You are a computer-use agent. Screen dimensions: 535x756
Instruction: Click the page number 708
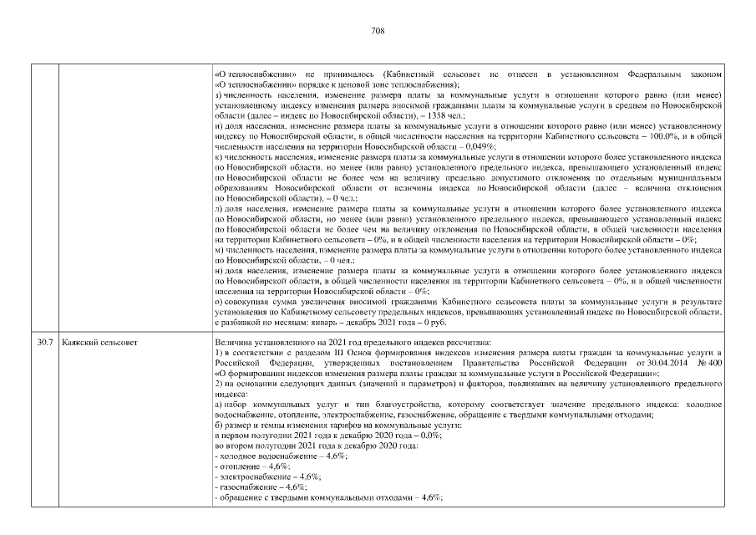pyautogui.click(x=377, y=30)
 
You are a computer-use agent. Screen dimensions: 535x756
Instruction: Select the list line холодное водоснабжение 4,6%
pyautogui.click(x=280, y=456)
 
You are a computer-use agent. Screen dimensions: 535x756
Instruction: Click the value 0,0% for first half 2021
pyautogui.click(x=429, y=436)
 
